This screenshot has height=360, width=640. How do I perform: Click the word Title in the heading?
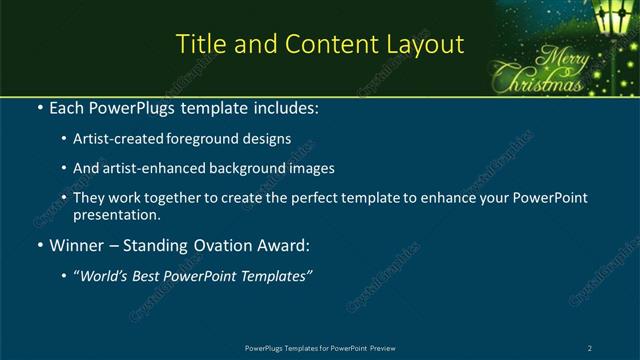point(199,45)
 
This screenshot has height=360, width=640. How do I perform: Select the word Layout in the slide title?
point(424,45)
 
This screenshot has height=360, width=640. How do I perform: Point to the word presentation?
point(115,215)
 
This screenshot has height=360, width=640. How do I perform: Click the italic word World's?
point(104,277)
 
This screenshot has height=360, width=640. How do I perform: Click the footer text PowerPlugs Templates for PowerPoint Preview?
point(319,347)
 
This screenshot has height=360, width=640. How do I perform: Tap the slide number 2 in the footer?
point(590,347)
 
